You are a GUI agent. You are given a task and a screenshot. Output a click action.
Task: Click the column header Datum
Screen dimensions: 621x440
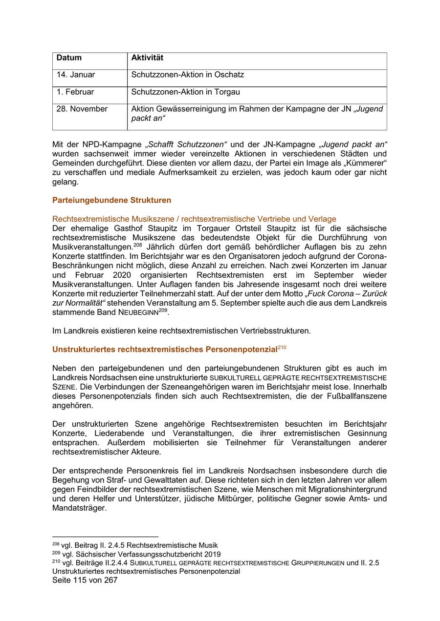[69, 58]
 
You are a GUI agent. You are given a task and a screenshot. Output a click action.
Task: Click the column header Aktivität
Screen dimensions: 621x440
[147, 58]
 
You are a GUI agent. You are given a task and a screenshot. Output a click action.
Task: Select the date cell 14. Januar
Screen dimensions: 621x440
[76, 75]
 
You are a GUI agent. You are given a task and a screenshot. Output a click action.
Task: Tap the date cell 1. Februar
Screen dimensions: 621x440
[75, 92]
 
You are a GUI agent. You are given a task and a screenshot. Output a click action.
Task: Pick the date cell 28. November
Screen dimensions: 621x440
[82, 109]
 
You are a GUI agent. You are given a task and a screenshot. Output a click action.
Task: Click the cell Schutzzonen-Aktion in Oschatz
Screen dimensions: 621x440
[187, 75]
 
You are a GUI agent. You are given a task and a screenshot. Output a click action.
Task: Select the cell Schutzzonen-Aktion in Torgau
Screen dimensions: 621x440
[185, 92]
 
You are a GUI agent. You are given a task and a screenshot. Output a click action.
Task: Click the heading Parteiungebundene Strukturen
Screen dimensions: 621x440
[111, 200]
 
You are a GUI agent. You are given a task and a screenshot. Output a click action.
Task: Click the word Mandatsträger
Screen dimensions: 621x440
[79, 508]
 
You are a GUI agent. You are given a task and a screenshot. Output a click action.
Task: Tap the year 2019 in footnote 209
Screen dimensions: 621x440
[212, 554]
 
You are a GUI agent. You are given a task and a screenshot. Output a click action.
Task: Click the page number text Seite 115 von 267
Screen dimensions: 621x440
[85, 580]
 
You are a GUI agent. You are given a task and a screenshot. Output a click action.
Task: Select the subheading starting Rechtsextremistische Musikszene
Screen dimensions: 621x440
[194, 219]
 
